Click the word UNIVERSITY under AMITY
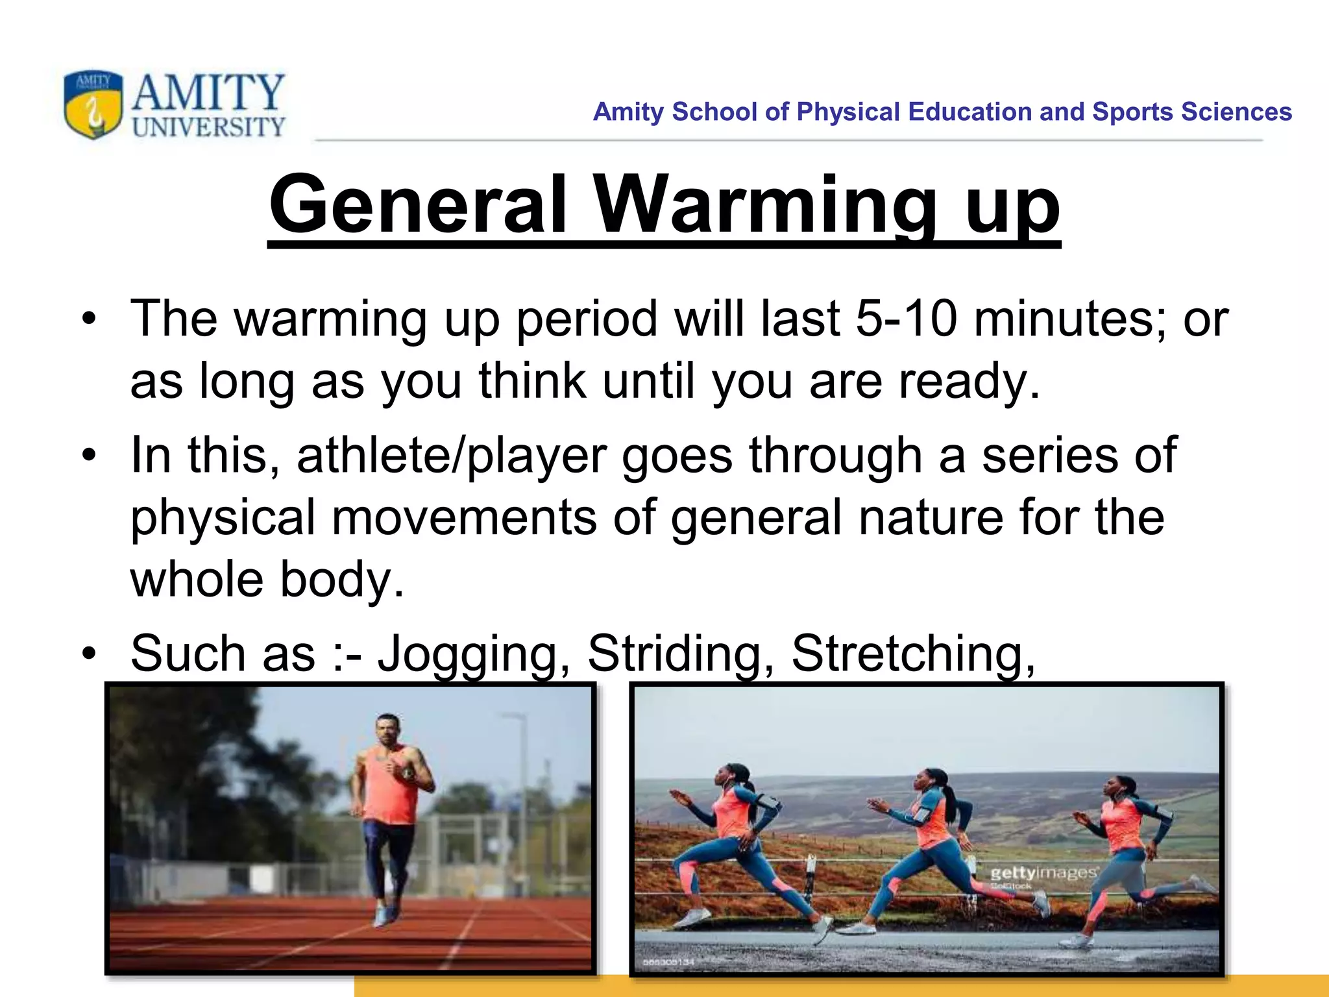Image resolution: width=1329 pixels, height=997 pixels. coord(208,127)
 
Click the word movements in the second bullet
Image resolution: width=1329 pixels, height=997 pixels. coord(464,517)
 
